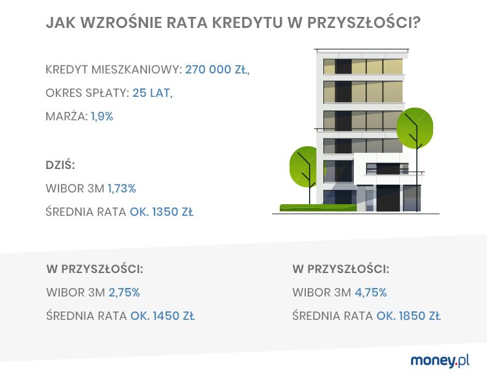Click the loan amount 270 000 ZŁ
coord(217,70)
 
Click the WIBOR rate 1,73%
coord(121,188)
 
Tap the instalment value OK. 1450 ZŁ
coord(162,317)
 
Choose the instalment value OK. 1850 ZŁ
coord(408,317)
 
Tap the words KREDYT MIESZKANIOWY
coord(114,70)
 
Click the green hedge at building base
coord(318,208)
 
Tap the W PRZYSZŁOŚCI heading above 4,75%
coord(341,268)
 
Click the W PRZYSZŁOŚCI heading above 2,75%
coord(95,268)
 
